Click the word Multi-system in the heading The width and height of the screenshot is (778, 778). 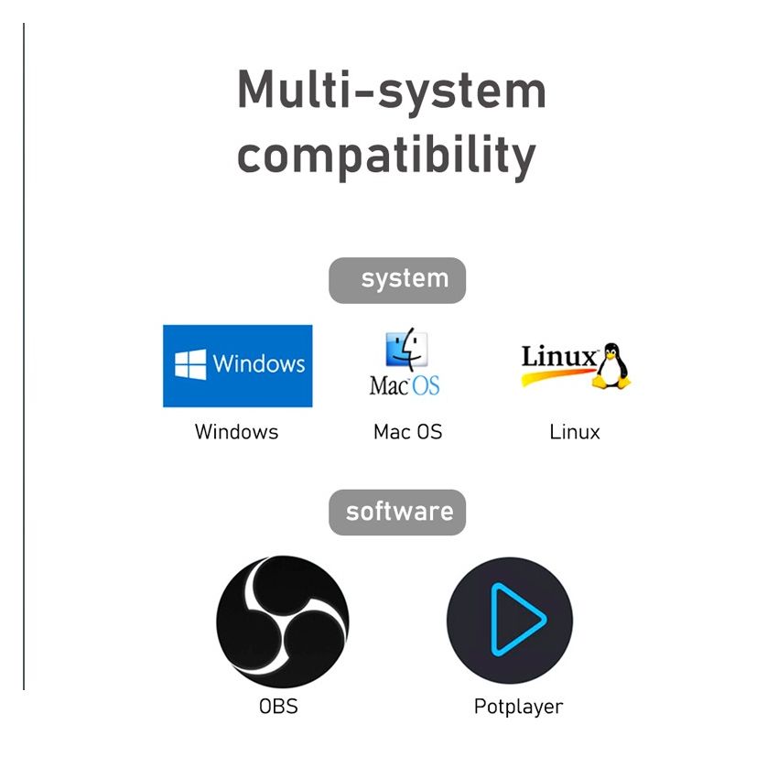point(392,91)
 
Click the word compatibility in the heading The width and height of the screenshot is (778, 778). point(386,156)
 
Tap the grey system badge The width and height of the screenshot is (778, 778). point(397,280)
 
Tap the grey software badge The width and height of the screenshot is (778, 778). point(397,513)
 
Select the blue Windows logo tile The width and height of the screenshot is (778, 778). point(238,366)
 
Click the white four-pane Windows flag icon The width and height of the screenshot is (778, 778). point(190,364)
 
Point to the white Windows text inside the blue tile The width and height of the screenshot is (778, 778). point(258,363)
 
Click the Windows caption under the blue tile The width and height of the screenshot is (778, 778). point(237,432)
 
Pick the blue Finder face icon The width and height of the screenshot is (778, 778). point(407,349)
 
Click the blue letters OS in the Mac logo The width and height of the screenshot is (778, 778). point(427,386)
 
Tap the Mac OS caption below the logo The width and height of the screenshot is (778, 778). point(407,432)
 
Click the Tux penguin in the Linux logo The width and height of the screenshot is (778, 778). point(611,366)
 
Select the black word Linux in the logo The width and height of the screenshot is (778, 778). point(559,356)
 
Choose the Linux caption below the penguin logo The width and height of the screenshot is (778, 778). point(575,432)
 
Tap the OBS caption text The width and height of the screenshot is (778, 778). point(278,706)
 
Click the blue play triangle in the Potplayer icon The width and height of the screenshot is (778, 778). point(516,620)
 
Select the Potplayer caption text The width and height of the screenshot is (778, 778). point(518,707)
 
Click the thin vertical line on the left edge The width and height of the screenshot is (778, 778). point(23,356)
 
